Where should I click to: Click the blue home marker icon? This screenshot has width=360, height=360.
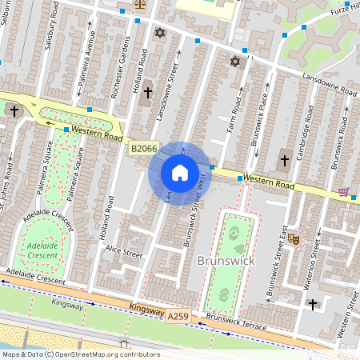(x=180, y=172)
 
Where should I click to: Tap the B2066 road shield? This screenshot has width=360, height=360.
(x=144, y=148)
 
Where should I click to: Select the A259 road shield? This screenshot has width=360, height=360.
(x=179, y=318)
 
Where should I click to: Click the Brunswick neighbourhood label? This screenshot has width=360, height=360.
(x=224, y=262)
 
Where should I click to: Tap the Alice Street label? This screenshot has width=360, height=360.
(x=124, y=252)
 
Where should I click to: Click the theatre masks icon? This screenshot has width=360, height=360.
(x=294, y=238)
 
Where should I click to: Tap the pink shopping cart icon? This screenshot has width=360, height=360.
(x=344, y=192)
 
